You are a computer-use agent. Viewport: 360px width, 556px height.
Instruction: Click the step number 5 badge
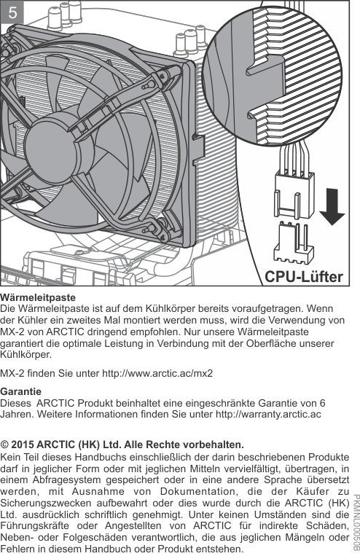click(12, 13)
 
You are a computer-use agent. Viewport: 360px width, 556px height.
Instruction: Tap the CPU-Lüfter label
click(304, 277)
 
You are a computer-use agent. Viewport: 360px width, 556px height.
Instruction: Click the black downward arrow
click(332, 207)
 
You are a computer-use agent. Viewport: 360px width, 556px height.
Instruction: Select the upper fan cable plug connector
click(294, 195)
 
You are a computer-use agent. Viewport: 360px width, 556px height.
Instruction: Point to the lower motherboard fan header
click(294, 243)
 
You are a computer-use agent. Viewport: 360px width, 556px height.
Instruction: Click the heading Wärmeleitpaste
click(38, 297)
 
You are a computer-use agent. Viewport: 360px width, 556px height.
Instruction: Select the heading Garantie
click(20, 392)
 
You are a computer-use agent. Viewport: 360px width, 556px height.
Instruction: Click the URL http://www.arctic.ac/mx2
click(157, 373)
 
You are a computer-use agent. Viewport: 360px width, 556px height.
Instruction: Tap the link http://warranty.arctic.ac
click(268, 414)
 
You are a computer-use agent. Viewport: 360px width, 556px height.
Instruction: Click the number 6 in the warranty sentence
click(322, 403)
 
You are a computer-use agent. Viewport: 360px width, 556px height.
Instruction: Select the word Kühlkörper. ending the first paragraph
click(26, 355)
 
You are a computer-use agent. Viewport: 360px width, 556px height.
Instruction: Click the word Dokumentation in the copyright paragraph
click(197, 491)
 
